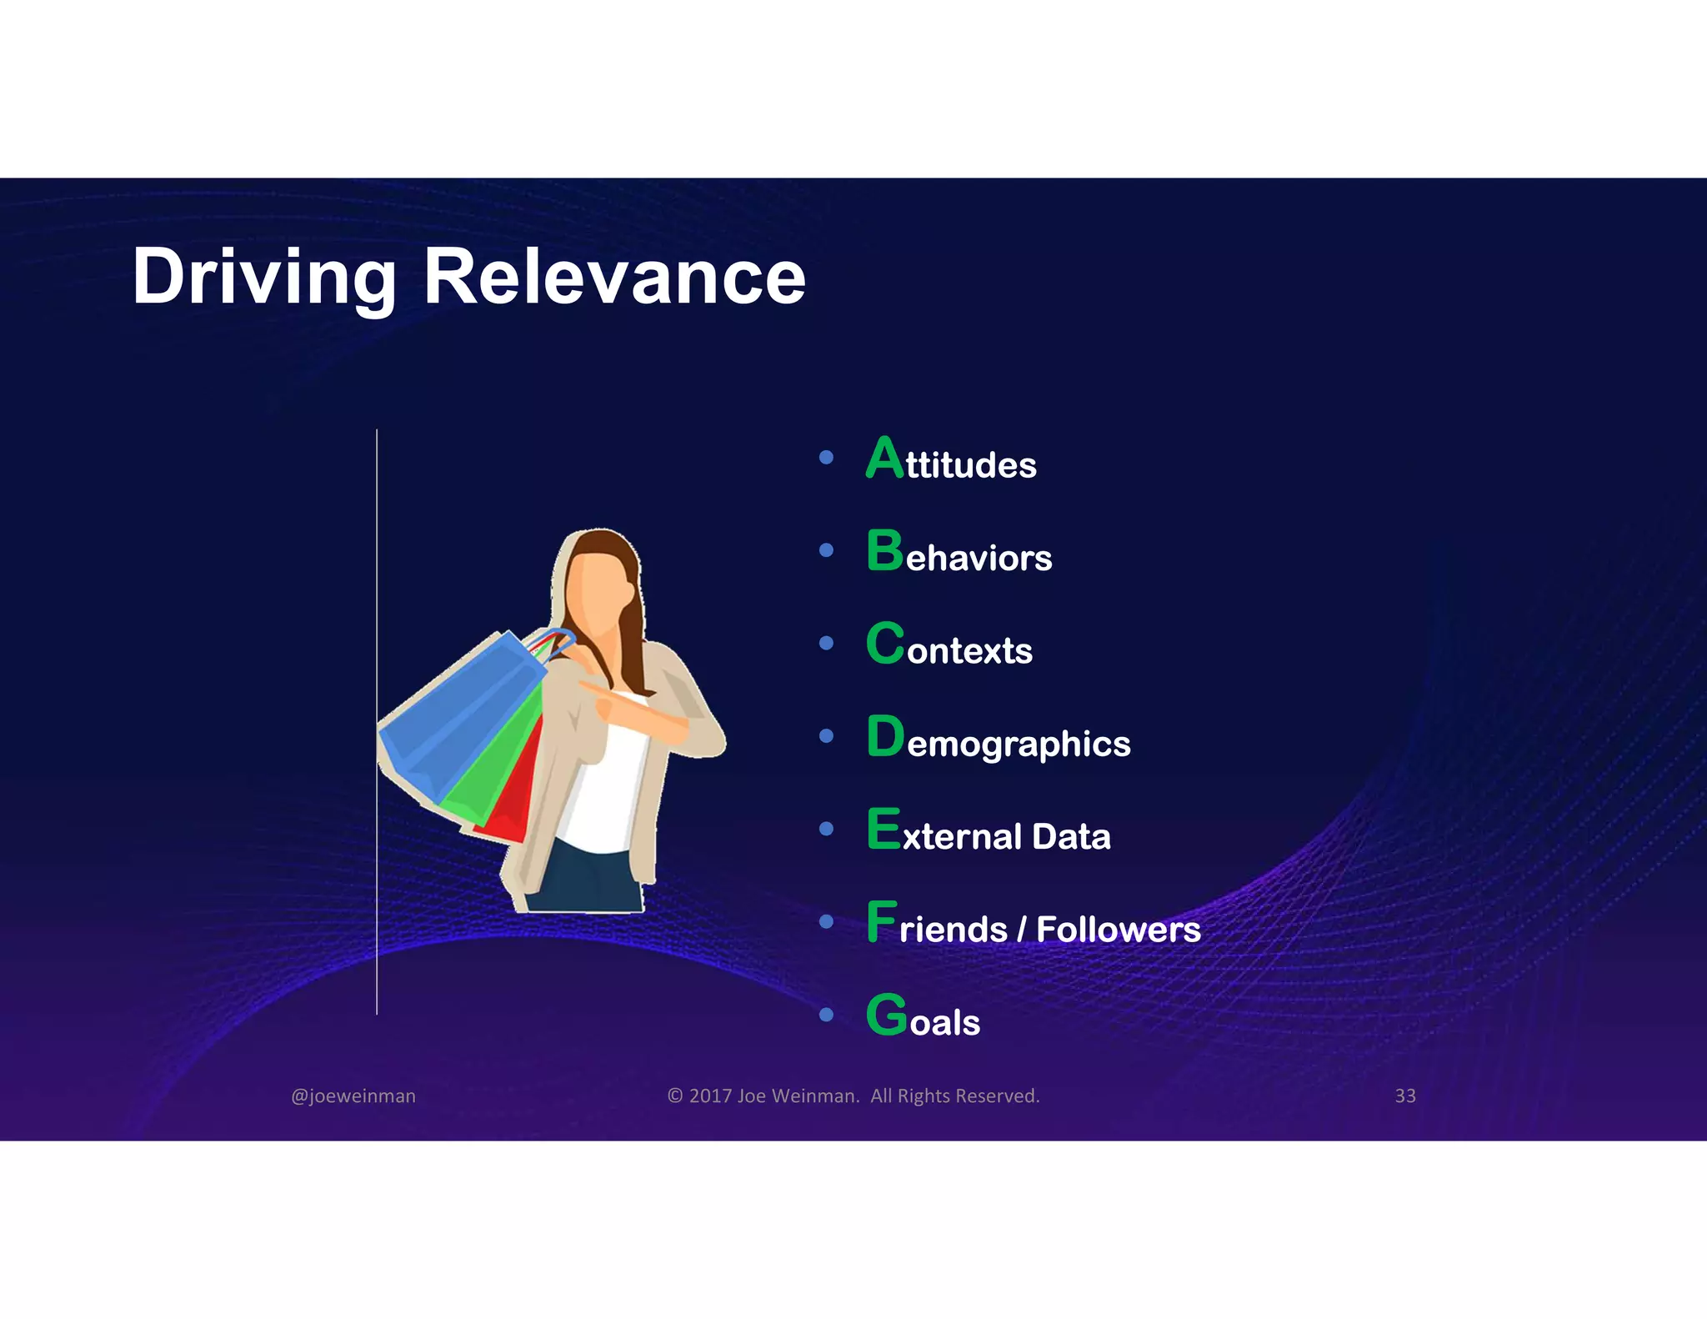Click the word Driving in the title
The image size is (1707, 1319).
(263, 278)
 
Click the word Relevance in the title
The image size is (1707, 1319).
(614, 278)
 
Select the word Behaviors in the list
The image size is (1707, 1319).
(959, 553)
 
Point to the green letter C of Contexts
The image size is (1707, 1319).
(885, 644)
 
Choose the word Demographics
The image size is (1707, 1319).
(999, 740)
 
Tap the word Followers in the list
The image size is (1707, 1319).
(1118, 929)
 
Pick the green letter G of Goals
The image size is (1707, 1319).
(886, 1015)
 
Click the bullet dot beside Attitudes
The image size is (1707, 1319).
(826, 457)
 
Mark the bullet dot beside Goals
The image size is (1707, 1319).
(826, 1015)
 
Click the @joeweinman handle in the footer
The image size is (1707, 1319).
(353, 1096)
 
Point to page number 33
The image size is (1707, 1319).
(1405, 1096)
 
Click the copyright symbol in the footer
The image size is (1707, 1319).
(675, 1096)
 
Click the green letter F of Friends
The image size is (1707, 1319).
(882, 921)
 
